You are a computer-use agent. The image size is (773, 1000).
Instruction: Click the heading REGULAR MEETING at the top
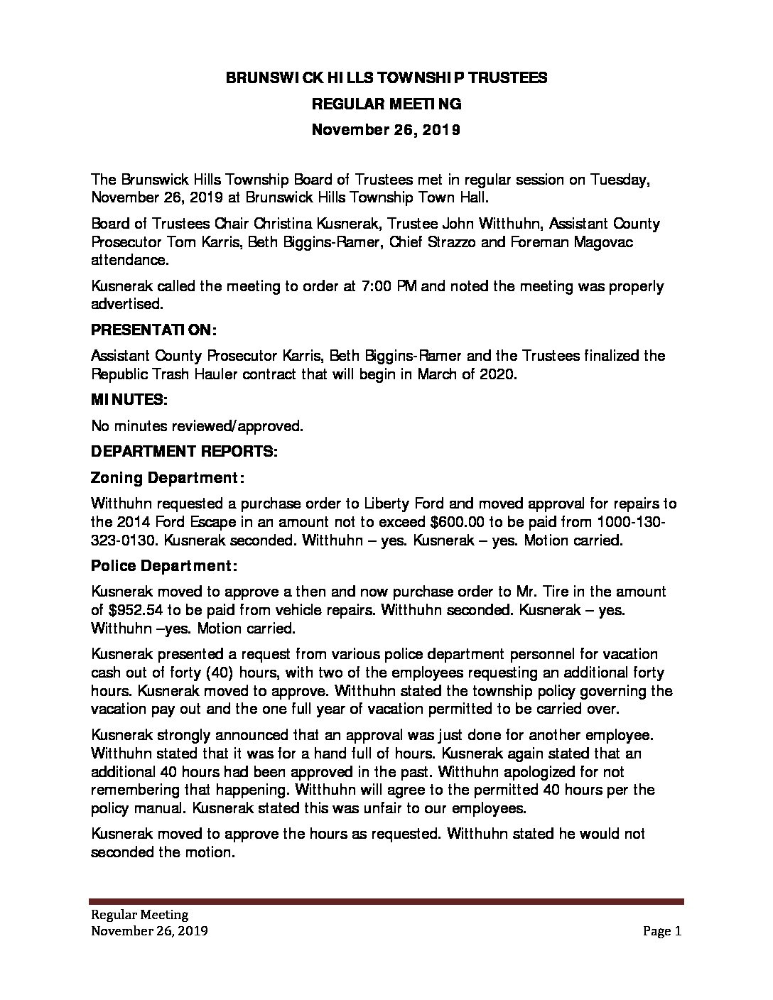click(x=386, y=104)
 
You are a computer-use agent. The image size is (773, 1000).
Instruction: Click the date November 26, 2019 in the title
click(x=386, y=130)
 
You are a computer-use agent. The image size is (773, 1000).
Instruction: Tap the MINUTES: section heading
click(x=129, y=401)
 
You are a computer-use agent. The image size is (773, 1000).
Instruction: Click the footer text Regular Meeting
click(x=139, y=915)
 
